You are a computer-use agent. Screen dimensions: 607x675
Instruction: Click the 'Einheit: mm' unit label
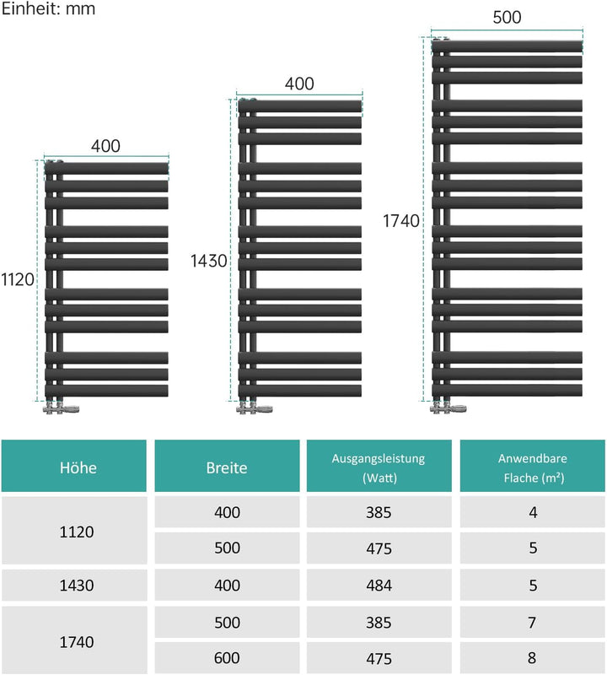point(48,8)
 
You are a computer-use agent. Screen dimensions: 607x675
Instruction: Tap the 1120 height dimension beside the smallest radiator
point(18,280)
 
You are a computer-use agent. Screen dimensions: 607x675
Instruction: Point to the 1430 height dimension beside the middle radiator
point(208,261)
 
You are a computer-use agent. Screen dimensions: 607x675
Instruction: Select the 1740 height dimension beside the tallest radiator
point(401,221)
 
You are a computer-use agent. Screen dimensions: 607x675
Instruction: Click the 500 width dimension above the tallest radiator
point(507,17)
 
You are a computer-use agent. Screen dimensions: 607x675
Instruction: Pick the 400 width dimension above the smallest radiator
point(105,146)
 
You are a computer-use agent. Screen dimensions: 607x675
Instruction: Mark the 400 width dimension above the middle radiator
point(299,84)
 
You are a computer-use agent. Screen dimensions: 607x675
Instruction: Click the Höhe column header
point(78,467)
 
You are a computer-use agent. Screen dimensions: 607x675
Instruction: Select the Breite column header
point(227,468)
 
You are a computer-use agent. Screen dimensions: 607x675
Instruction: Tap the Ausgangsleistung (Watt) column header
point(379,468)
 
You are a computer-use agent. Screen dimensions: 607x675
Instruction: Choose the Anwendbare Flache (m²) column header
point(533,468)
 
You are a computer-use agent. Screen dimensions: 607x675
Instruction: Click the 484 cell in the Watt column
point(379,586)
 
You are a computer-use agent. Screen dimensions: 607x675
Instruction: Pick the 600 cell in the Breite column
point(227,658)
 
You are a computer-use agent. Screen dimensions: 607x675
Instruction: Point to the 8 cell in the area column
point(532,658)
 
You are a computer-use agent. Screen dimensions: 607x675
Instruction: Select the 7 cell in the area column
point(532,623)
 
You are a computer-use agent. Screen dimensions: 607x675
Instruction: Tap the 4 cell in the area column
point(533,512)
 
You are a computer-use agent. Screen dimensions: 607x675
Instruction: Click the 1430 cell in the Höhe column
point(77,586)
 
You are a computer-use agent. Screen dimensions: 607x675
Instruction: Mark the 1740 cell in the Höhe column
point(77,642)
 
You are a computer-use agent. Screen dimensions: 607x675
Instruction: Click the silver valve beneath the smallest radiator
point(61,408)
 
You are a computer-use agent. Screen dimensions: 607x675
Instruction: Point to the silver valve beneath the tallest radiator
point(449,408)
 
